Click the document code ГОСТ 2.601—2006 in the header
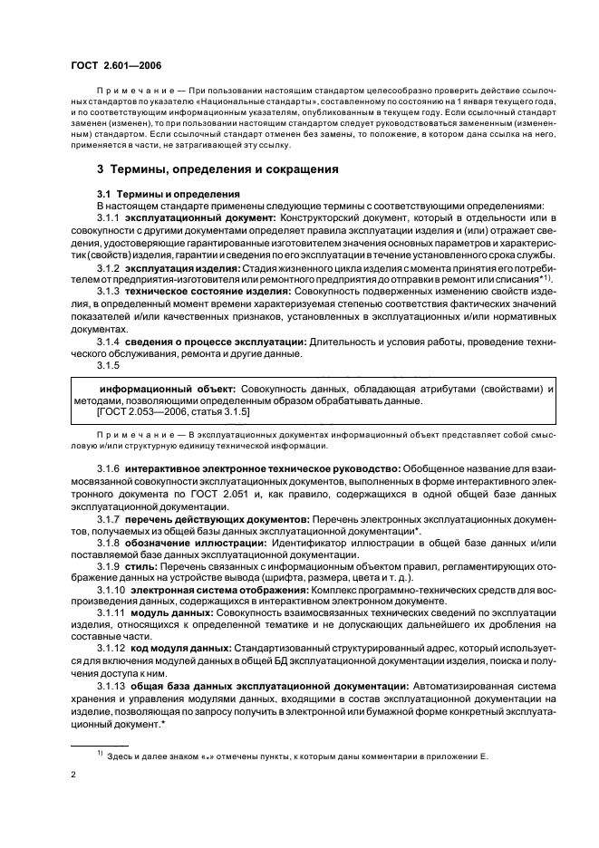[116, 65]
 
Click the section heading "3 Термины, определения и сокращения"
[205, 169]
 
